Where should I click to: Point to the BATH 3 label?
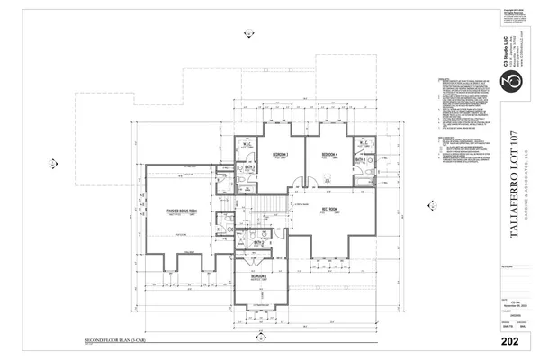point(249,166)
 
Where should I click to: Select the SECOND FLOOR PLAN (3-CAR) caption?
point(118,341)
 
